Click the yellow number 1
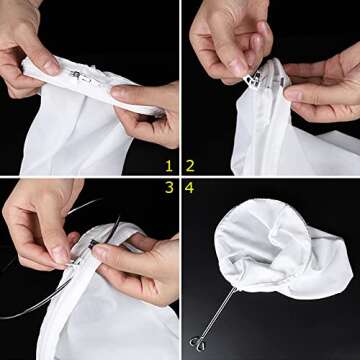click(169, 166)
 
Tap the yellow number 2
click(190, 166)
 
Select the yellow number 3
click(169, 188)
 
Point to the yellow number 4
click(189, 188)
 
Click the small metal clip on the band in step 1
click(75, 74)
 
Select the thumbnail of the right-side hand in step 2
click(292, 96)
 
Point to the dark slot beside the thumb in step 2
click(282, 81)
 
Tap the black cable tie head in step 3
click(92, 244)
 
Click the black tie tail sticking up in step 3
click(113, 229)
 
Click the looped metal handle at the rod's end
click(197, 344)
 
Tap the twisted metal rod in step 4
click(219, 314)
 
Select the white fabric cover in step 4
click(280, 248)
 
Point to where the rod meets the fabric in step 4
click(237, 288)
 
